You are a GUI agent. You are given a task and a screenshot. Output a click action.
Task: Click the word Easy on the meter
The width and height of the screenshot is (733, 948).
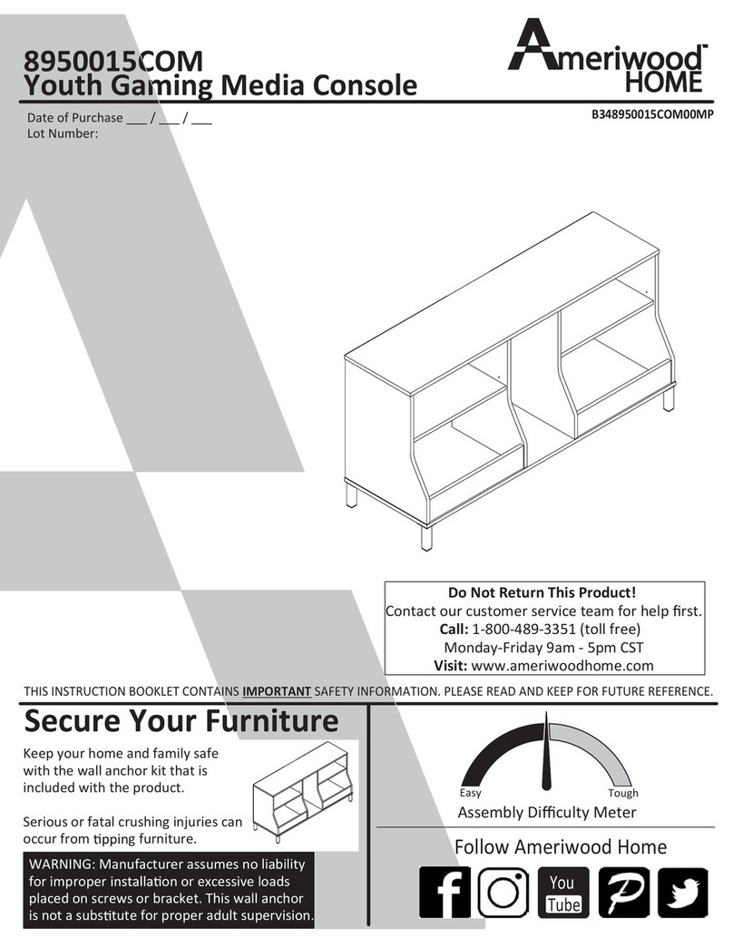[470, 792]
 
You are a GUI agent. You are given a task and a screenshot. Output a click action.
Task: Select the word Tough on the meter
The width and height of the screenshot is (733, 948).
[622, 792]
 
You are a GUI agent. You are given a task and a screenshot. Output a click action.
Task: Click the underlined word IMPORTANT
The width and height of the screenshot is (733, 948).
[277, 692]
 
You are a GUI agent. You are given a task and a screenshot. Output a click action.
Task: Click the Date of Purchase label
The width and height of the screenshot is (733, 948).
[74, 119]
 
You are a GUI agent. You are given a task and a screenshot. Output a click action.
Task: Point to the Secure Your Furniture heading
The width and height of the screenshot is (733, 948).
[181, 722]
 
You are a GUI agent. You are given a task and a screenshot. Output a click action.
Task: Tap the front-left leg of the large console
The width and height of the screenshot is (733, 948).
[425, 536]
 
